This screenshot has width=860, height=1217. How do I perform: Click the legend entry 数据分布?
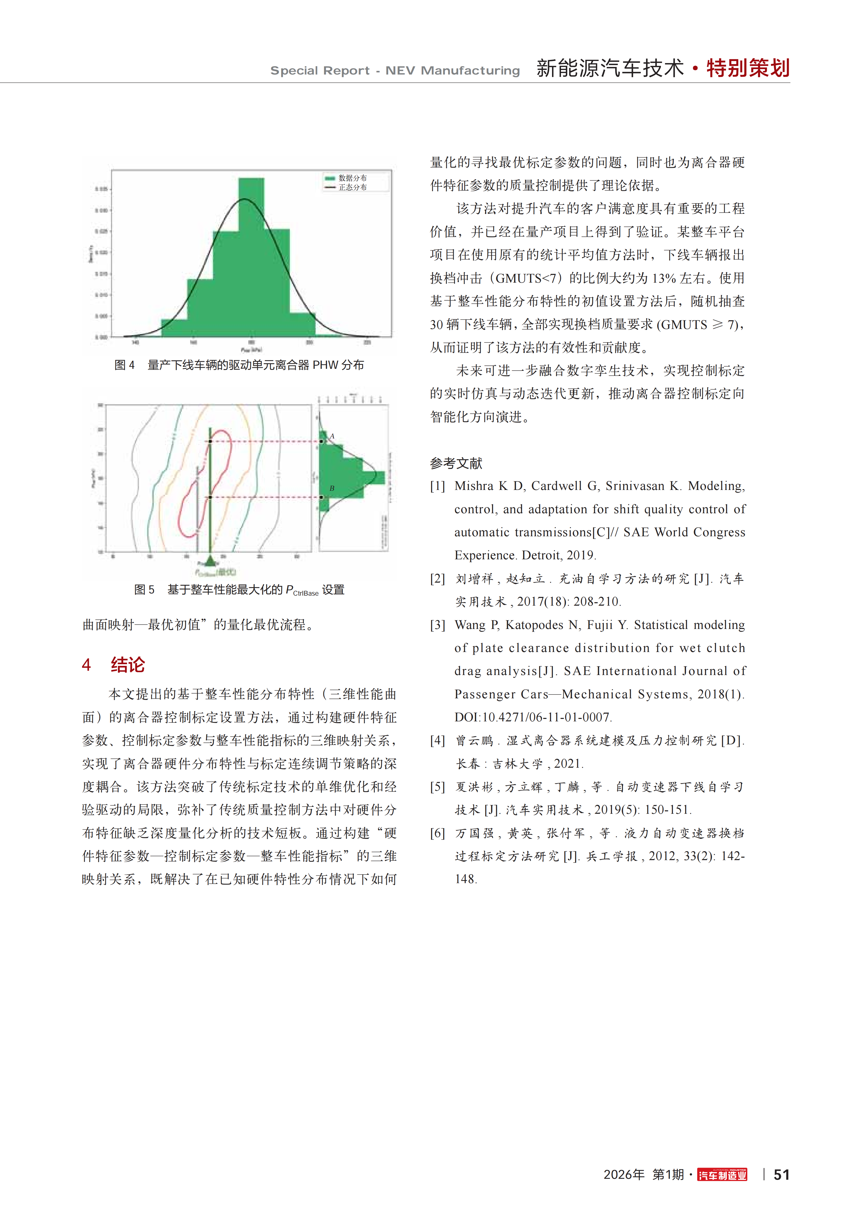[352, 178]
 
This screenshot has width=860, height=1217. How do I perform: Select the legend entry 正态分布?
[352, 187]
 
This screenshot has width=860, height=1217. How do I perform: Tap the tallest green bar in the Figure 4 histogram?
[251, 254]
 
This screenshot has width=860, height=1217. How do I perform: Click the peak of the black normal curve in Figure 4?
[245, 199]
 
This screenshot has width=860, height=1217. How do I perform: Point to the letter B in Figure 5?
[332, 488]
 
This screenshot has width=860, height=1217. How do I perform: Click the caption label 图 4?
[125, 365]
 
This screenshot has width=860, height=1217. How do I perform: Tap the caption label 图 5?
[144, 590]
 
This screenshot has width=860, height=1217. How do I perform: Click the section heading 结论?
[128, 665]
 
